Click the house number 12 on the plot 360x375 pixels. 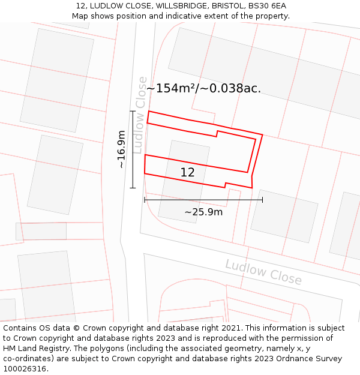(187, 173)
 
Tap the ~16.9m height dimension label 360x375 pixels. (121, 149)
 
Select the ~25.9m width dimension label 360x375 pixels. (203, 212)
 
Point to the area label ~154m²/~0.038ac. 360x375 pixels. (204, 89)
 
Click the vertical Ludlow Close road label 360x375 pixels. (140, 115)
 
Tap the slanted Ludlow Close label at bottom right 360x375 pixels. (263, 272)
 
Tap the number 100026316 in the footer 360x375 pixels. (24, 369)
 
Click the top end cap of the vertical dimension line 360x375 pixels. (133, 111)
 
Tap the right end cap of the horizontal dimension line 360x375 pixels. (262, 200)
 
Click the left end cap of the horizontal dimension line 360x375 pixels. (145, 200)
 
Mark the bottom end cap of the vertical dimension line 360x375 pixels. (133, 188)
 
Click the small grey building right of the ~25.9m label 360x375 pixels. (284, 216)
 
